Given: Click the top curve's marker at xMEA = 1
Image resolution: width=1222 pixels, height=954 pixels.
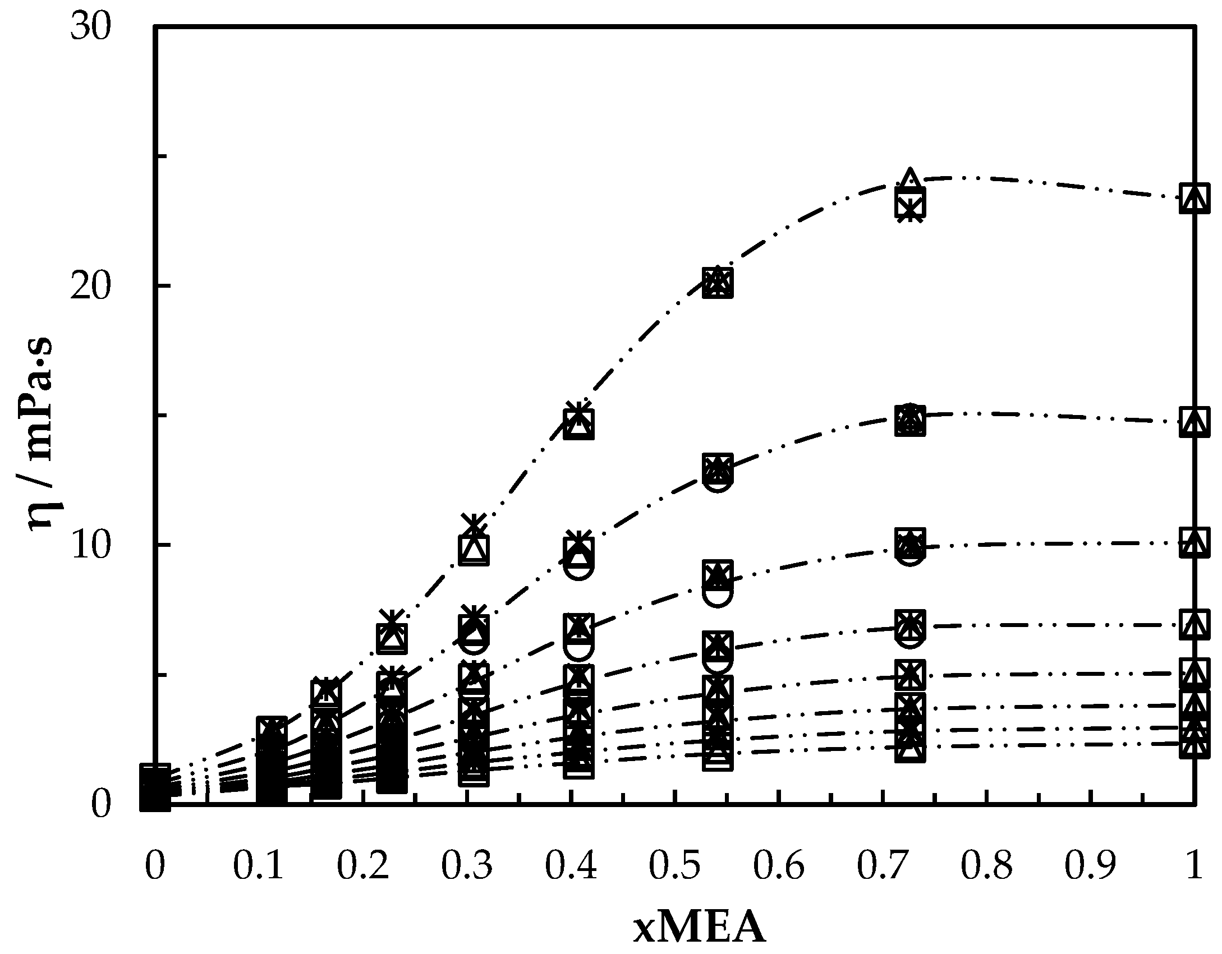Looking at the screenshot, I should point(1195,198).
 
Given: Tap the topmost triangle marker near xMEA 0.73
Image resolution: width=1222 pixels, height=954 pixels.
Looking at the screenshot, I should point(909,179).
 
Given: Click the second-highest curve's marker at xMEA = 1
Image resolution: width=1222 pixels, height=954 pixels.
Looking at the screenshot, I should point(1195,422).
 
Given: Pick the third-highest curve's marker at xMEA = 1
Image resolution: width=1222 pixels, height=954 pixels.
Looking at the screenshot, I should point(1195,542).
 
